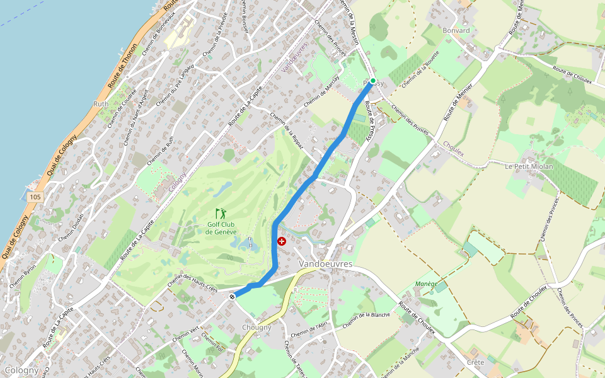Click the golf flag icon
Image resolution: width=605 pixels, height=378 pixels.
(x=220, y=214)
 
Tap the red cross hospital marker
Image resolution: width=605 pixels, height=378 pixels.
(x=282, y=241)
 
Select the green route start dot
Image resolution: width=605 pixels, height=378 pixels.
(x=372, y=81)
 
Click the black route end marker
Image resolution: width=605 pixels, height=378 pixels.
(x=233, y=296)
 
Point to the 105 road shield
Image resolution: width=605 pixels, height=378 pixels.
(x=35, y=197)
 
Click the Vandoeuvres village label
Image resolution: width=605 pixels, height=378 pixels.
(x=325, y=264)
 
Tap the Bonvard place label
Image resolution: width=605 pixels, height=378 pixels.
(x=456, y=30)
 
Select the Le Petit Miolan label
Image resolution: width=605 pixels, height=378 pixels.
(x=529, y=166)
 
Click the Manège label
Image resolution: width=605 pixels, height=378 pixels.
(x=427, y=284)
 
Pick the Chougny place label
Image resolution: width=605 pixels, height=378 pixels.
(x=256, y=328)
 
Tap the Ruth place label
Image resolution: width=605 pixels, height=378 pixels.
(x=101, y=104)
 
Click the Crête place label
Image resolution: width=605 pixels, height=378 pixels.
(x=476, y=362)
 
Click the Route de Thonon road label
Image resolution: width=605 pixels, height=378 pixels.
(x=122, y=66)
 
